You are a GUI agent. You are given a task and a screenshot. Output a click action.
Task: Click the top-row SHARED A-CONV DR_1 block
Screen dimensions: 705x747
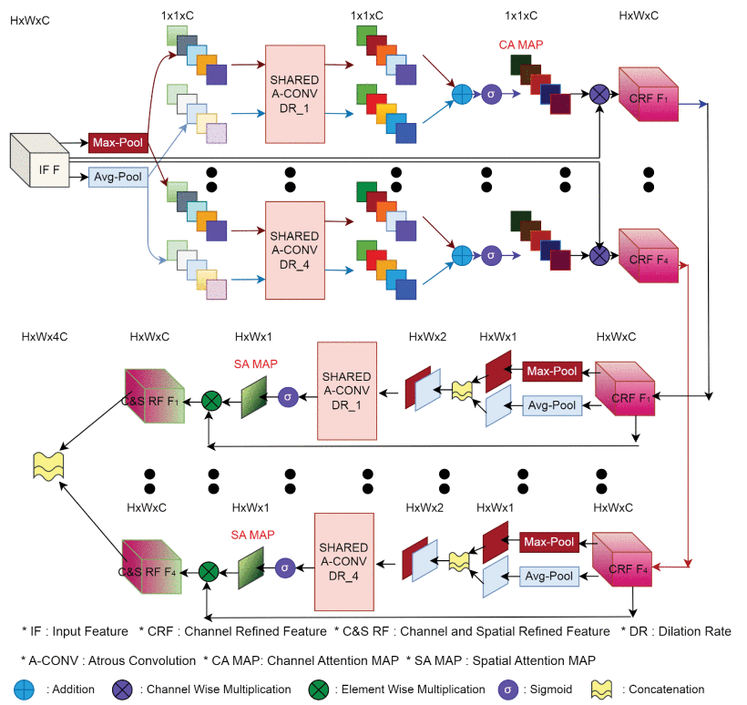(x=294, y=92)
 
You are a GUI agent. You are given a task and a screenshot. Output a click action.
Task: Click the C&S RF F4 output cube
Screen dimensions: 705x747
(x=154, y=570)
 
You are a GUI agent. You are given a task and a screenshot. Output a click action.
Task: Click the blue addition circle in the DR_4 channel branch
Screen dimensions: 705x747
(x=462, y=256)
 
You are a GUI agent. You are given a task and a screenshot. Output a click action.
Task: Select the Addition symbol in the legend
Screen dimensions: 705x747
(x=27, y=689)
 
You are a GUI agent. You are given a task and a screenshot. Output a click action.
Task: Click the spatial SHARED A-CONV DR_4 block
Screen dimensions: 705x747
(x=343, y=561)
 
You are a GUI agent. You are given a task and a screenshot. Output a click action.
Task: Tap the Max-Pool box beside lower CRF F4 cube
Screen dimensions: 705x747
(x=549, y=543)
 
